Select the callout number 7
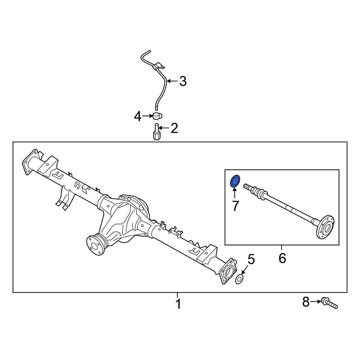click(235, 206)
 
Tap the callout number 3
click(183, 81)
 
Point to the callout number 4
click(138, 117)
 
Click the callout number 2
click(175, 128)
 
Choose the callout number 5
click(251, 259)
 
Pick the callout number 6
click(282, 258)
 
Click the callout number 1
click(178, 304)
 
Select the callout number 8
click(306, 302)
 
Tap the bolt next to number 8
click(329, 303)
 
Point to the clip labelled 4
click(156, 116)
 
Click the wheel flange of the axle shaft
click(325, 227)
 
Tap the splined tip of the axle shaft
click(248, 186)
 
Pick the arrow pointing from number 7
click(235, 193)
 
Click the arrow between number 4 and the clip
click(147, 116)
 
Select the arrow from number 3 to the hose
click(172, 81)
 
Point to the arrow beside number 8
click(316, 302)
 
